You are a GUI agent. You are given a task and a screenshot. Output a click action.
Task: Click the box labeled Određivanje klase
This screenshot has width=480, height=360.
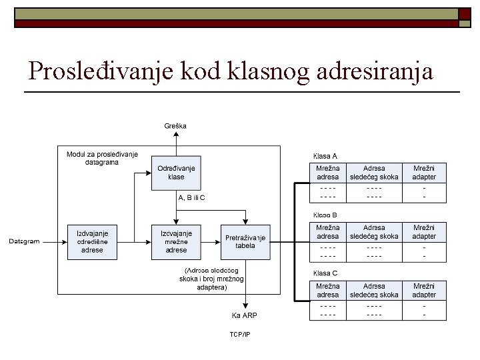pyautogui.click(x=176, y=173)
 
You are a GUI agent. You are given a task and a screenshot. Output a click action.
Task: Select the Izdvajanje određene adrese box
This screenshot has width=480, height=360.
pyautogui.click(x=92, y=241)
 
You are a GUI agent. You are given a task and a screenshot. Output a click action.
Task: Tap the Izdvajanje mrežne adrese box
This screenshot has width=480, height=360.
pyautogui.click(x=176, y=241)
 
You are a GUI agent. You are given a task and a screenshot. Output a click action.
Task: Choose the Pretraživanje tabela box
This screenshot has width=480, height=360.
pyautogui.click(x=245, y=241)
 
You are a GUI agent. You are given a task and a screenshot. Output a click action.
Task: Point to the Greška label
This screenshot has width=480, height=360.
pyautogui.click(x=176, y=125)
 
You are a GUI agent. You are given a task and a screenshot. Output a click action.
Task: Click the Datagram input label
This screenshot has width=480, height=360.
pyautogui.click(x=25, y=241)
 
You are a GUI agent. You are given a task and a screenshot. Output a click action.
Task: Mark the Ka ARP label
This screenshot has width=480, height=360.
pyautogui.click(x=245, y=315)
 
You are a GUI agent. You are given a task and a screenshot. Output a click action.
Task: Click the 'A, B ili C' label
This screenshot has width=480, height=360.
pyautogui.click(x=192, y=197)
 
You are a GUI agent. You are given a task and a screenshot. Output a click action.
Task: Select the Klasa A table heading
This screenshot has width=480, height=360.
pyautogui.click(x=325, y=156)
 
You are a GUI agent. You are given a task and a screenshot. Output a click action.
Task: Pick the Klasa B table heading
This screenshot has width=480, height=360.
pyautogui.click(x=325, y=215)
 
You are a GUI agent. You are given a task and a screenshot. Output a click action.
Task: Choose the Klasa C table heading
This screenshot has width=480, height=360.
pyautogui.click(x=325, y=273)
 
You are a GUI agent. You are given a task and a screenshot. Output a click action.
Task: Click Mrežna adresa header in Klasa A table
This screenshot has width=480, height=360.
pyautogui.click(x=327, y=173)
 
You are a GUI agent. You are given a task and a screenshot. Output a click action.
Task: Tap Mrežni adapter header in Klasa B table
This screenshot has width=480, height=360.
pyautogui.click(x=425, y=232)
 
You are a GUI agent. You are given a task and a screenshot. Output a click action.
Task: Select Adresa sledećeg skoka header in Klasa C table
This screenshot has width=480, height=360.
pyautogui.click(x=374, y=290)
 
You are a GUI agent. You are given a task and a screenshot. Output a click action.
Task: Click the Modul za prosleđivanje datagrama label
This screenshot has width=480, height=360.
pyautogui.click(x=102, y=158)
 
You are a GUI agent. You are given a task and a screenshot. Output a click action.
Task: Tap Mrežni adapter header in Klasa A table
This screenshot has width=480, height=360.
pyautogui.click(x=425, y=173)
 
